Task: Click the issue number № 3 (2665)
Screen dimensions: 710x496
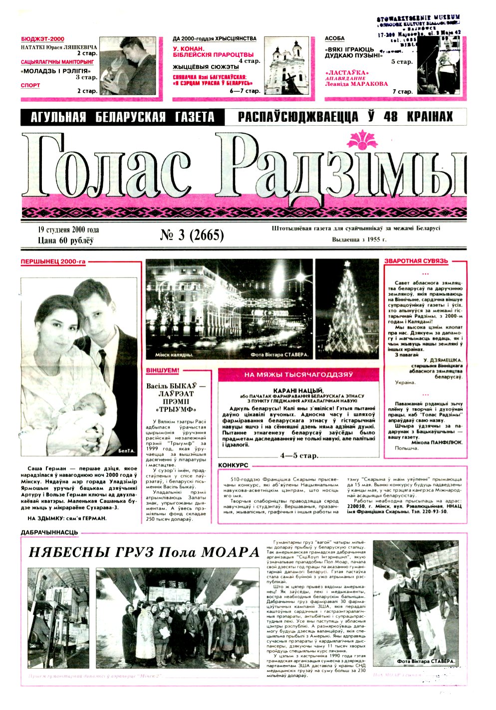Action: pyautogui.click(x=192, y=235)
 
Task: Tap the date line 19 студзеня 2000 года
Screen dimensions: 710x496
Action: pyautogui.click(x=68, y=230)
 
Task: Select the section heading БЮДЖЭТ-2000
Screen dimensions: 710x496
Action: pyautogui.click(x=42, y=39)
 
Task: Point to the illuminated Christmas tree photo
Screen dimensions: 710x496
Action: pyautogui.click(x=347, y=309)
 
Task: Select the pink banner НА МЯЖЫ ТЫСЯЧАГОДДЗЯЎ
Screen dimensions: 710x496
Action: pyautogui.click(x=298, y=374)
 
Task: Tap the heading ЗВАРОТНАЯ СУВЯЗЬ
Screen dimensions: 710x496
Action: pyautogui.click(x=416, y=261)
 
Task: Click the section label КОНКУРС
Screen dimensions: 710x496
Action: pyautogui.click(x=233, y=465)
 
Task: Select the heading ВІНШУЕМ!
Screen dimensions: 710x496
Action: pyautogui.click(x=162, y=371)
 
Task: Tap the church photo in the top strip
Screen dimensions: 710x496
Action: pyautogui.click(x=286, y=65)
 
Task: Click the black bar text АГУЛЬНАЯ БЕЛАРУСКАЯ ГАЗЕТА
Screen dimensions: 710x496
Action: pyautogui.click(x=122, y=117)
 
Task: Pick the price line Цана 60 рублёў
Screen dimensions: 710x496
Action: pyautogui.click(x=66, y=240)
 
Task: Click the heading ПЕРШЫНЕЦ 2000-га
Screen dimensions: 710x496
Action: pyautogui.click(x=53, y=261)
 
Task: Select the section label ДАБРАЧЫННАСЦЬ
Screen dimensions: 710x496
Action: pyautogui.click(x=49, y=532)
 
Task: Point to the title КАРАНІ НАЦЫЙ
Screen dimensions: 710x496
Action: pyautogui.click(x=298, y=390)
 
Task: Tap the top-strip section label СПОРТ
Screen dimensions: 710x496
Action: pyautogui.click(x=30, y=85)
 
